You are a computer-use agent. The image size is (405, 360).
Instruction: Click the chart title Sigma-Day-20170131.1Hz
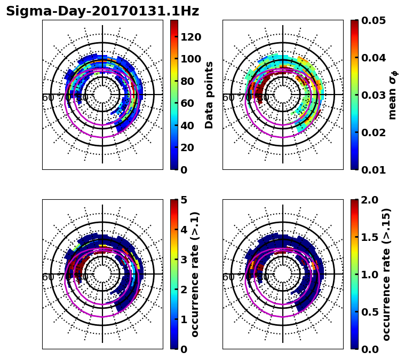tap(102, 11)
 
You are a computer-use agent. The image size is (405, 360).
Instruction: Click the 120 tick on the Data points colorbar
tap(190, 37)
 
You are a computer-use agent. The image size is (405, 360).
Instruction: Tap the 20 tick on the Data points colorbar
tap(190, 147)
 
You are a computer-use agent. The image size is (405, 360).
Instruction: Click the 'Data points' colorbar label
tap(209, 95)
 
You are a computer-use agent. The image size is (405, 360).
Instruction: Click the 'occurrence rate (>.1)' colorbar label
tap(195, 274)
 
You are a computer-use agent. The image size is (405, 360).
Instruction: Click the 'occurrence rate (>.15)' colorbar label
tap(386, 274)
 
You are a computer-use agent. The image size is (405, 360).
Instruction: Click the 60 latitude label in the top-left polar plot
tap(47, 98)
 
